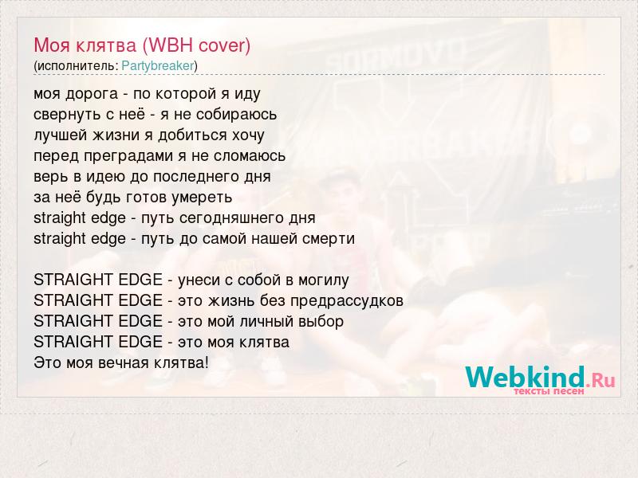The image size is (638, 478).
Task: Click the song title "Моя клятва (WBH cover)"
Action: point(142,45)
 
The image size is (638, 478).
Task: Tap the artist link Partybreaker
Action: point(158,65)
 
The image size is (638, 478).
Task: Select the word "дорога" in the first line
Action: point(92,94)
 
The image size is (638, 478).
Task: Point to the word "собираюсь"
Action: point(236,115)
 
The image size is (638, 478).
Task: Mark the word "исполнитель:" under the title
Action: point(77,66)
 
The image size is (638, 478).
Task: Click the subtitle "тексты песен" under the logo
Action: point(549,391)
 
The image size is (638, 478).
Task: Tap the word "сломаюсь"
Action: point(250,156)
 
